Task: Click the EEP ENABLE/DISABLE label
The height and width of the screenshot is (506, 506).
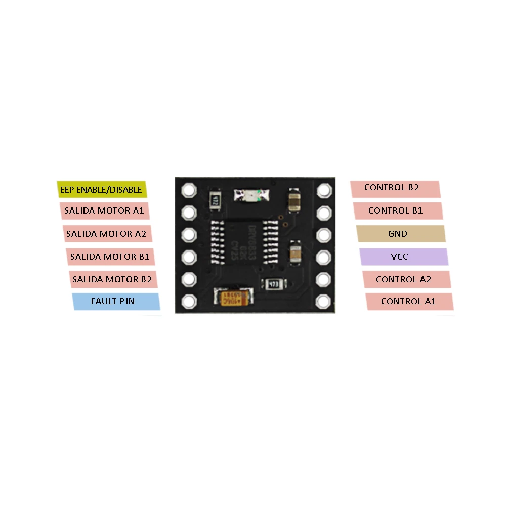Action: pos(101,190)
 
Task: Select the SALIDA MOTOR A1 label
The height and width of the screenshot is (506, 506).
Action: pos(104,211)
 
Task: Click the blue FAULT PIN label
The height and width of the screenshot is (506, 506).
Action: pos(115,301)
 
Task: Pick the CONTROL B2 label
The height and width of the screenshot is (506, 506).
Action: pos(395,188)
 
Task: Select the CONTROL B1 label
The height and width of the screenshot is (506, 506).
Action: pos(397,210)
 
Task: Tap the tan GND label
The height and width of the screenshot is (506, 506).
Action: pos(400,234)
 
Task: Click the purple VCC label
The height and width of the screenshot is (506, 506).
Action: pos(403,257)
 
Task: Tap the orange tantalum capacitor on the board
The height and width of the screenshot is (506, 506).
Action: pos(233,298)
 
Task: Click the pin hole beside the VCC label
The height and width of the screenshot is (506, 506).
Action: pos(323,257)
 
